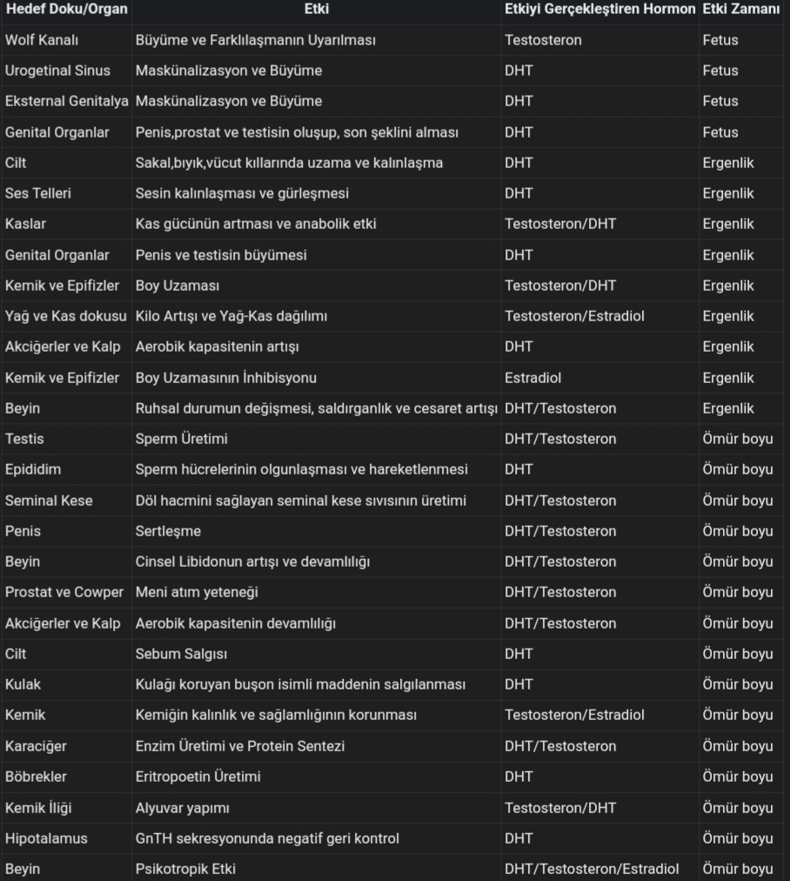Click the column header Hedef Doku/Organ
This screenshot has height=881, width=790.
pyautogui.click(x=66, y=10)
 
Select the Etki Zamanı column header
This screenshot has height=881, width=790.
pyautogui.click(x=741, y=10)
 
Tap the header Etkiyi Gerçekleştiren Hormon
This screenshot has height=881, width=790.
pyautogui.click(x=600, y=10)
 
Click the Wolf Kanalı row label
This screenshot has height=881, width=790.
pyautogui.click(x=42, y=40)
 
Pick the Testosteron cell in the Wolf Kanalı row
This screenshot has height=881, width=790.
pyautogui.click(x=543, y=40)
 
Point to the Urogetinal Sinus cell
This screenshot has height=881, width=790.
pyautogui.click(x=57, y=71)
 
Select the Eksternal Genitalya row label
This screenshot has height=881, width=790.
pyautogui.click(x=66, y=101)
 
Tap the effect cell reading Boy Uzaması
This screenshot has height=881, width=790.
pyautogui.click(x=177, y=286)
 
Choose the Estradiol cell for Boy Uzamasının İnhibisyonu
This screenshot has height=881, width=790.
pyautogui.click(x=532, y=378)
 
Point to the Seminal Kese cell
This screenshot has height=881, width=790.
pyautogui.click(x=49, y=501)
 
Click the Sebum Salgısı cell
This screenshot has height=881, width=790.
pyautogui.click(x=181, y=654)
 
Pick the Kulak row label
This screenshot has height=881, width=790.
pyautogui.click(x=23, y=684)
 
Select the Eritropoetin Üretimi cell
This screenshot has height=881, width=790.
pyautogui.click(x=197, y=777)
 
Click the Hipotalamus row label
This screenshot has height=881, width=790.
pyautogui.click(x=46, y=838)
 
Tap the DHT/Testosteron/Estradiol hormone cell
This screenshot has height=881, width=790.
pyautogui.click(x=592, y=869)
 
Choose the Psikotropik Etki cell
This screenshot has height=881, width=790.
pyautogui.click(x=185, y=869)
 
